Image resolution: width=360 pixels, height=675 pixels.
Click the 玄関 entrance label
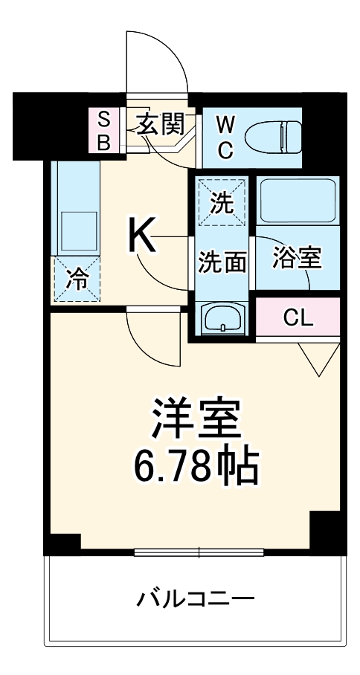click(x=160, y=124)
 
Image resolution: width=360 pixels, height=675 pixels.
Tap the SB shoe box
click(x=104, y=130)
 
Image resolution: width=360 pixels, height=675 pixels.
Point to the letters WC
click(x=225, y=137)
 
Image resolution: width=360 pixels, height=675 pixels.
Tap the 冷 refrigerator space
click(x=75, y=280)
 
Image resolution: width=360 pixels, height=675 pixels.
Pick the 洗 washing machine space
click(x=221, y=203)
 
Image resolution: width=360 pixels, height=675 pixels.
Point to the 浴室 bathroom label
click(x=297, y=257)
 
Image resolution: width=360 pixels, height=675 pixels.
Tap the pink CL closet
click(x=298, y=317)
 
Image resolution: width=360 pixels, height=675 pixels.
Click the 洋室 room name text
click(x=196, y=421)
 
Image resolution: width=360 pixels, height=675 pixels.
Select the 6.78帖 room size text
click(x=195, y=467)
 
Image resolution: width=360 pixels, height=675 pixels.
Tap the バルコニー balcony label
click(x=196, y=598)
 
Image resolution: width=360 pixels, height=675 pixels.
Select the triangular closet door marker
click(x=320, y=360)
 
